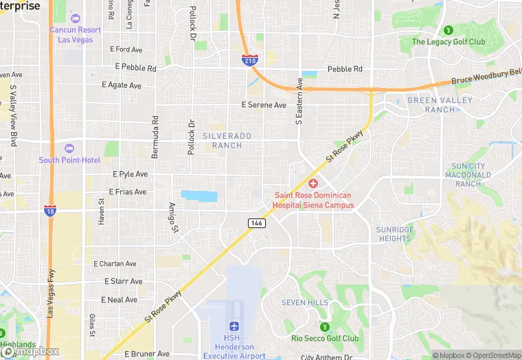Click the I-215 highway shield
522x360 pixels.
(x=250, y=60)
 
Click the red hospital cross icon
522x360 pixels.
(x=313, y=183)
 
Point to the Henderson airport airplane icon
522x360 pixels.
(x=234, y=326)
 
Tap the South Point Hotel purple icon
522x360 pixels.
(x=69, y=148)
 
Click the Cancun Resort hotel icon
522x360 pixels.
(x=75, y=19)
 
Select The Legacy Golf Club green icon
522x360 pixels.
(x=449, y=30)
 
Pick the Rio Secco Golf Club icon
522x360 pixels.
(x=326, y=326)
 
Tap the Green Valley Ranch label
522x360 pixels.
(x=440, y=105)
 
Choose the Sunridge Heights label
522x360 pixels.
(x=395, y=234)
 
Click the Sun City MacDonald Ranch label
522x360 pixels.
(x=468, y=175)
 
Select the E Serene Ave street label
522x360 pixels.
(x=264, y=105)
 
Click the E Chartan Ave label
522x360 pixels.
(x=115, y=264)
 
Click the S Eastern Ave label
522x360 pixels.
(x=299, y=102)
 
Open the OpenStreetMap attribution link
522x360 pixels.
(x=494, y=355)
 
